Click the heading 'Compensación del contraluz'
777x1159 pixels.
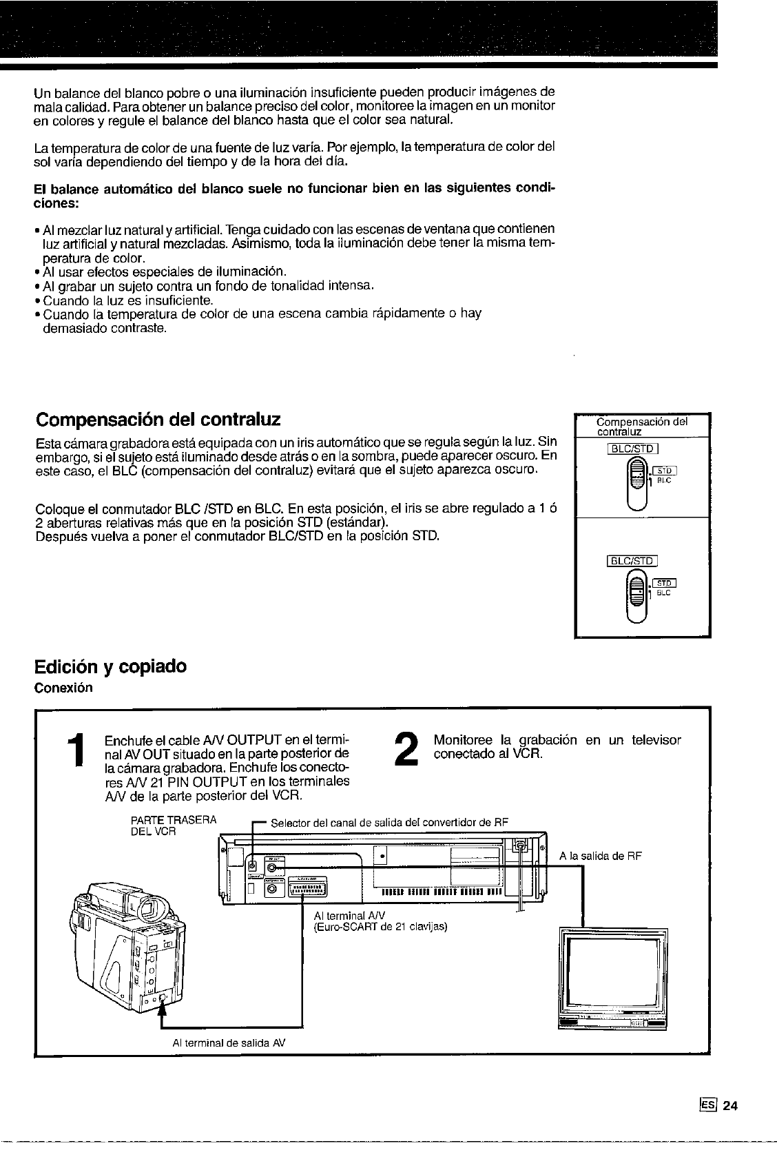(158, 419)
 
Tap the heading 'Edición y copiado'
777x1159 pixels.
(110, 666)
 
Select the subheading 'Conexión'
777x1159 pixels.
(63, 688)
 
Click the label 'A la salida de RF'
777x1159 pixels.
(601, 856)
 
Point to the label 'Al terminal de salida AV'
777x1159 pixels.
(228, 1043)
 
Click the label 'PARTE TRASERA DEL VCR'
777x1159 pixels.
(173, 825)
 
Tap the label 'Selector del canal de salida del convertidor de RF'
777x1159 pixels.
(390, 823)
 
